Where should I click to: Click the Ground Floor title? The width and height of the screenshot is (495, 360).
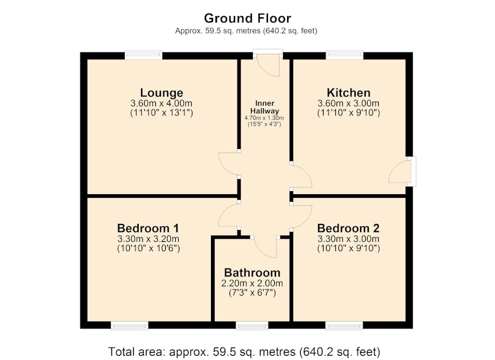247,19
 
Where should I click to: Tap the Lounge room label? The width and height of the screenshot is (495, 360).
161,93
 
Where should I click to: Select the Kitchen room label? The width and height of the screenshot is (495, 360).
348,93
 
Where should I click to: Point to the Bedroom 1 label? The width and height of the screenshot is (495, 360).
148,228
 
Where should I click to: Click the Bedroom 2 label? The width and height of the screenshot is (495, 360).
348,228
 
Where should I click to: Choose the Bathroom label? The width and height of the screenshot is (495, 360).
252,273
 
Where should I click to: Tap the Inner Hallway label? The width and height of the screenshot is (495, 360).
265,107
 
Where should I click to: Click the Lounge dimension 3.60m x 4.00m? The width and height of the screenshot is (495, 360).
161,103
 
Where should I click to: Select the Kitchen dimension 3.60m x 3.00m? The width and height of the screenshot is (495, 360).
348,103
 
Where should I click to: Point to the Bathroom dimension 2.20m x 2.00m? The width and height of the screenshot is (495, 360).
252,283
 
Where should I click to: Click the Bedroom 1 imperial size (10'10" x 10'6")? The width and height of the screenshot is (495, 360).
148,248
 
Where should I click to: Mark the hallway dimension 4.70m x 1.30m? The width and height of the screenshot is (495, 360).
264,118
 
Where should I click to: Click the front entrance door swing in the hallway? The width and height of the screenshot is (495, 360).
269,65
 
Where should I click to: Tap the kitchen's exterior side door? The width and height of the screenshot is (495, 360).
400,171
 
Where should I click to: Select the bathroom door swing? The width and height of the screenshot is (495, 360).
265,247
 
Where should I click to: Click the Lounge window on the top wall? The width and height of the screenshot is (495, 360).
144,56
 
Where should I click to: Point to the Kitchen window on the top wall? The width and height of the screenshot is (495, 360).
345,56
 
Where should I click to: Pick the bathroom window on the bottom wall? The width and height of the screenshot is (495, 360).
252,325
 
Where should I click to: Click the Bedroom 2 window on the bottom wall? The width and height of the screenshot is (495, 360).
344,325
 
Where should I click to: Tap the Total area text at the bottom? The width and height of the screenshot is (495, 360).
244,351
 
